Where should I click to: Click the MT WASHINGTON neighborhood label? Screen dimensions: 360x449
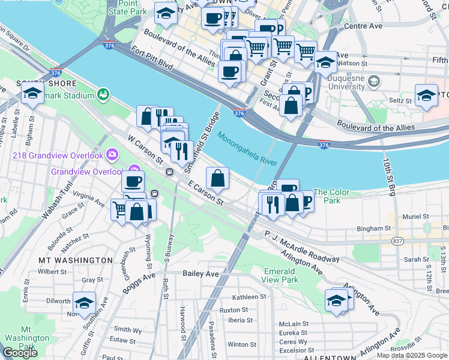[75, 260]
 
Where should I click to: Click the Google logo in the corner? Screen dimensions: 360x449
[20, 352]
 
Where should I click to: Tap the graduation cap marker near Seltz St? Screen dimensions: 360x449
[426, 96]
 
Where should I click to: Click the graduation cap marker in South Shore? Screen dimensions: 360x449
[32, 93]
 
